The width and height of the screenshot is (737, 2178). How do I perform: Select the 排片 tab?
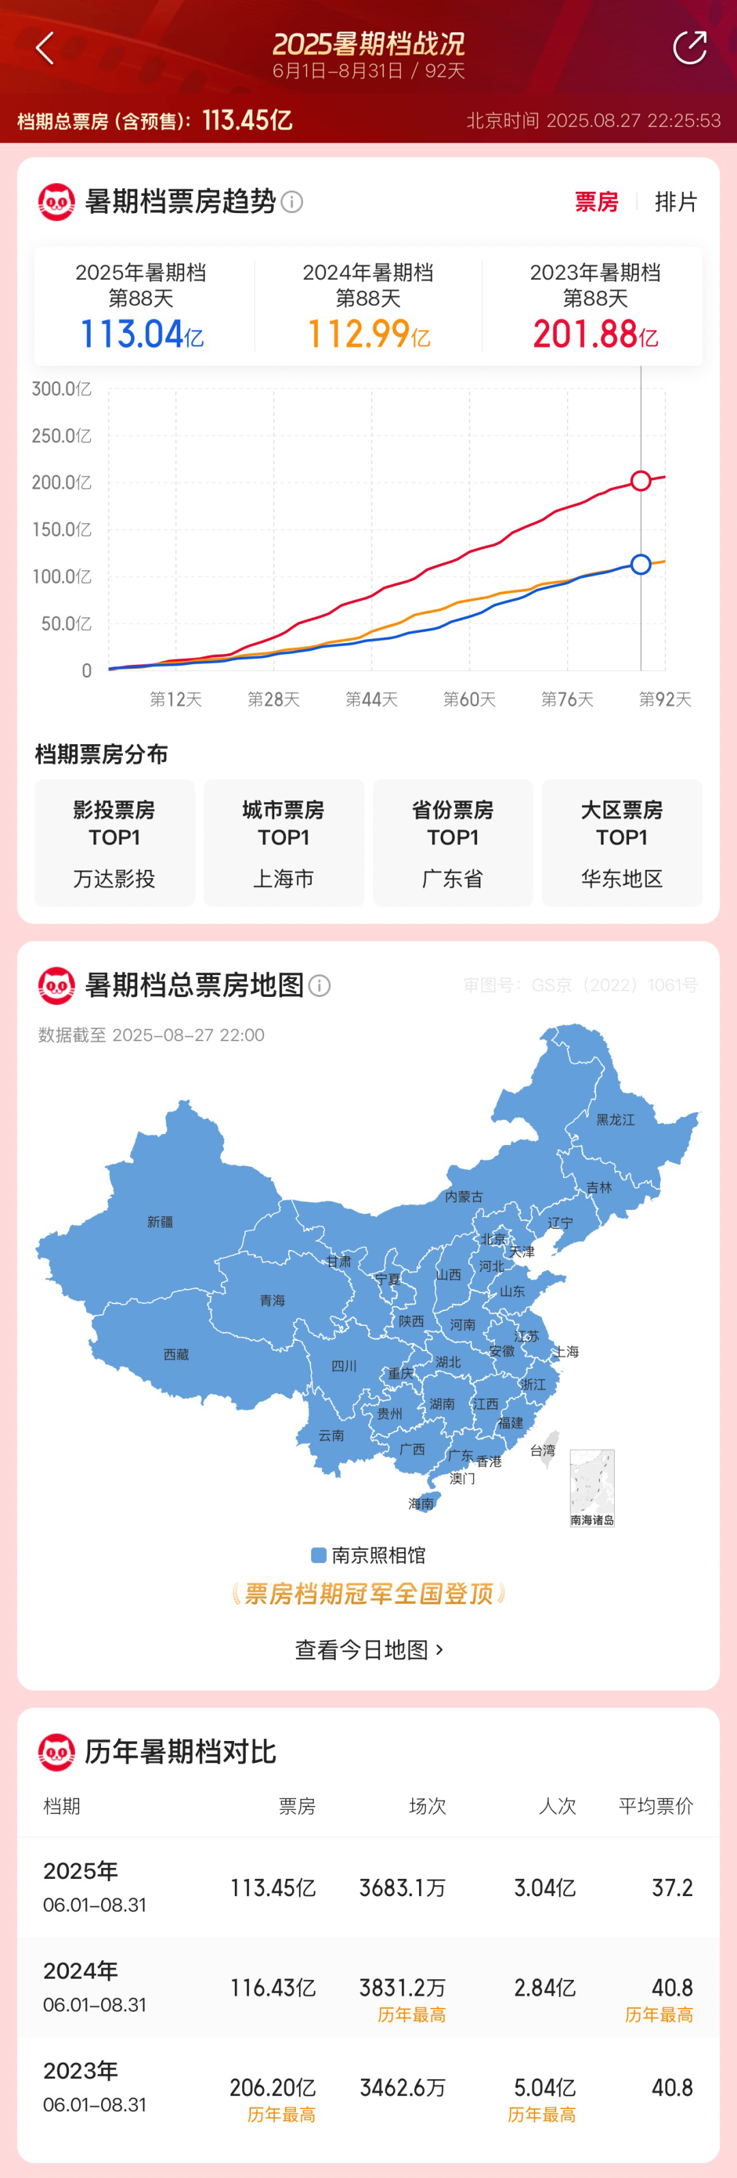click(x=676, y=202)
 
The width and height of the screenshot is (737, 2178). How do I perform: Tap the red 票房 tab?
click(x=596, y=202)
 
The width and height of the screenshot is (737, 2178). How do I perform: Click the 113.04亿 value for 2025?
click(x=141, y=334)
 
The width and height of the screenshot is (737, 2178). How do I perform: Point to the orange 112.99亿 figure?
click(x=368, y=334)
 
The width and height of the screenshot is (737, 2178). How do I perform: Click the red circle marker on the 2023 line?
click(x=641, y=480)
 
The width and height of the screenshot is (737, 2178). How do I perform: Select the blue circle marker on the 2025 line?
click(x=641, y=564)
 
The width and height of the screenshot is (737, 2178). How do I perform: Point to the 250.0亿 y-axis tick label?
click(x=61, y=436)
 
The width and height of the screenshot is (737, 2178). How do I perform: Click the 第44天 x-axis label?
click(x=371, y=699)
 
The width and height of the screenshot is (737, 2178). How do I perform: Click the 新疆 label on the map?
click(x=160, y=1221)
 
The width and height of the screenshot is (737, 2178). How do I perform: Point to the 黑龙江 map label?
click(x=616, y=1120)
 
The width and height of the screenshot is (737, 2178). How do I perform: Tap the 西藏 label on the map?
click(x=176, y=1355)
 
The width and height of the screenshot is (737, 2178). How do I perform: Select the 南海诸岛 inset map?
click(x=592, y=1486)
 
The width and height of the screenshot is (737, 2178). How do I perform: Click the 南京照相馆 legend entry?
click(x=369, y=1555)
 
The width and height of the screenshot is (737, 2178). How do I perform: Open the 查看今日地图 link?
click(x=369, y=1650)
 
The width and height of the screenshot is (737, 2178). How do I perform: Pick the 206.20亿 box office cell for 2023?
click(x=272, y=2087)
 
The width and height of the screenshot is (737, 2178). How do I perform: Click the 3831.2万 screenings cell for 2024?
click(x=403, y=1988)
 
